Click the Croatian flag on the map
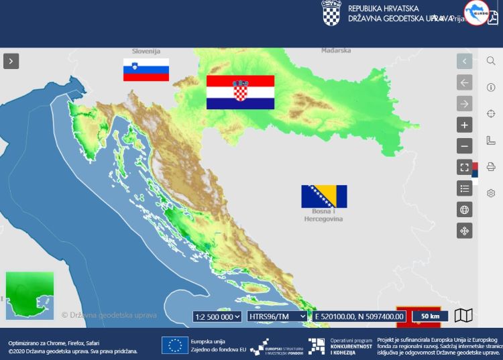click(240, 92)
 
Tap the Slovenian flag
click(146, 70)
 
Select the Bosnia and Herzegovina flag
click(324, 196)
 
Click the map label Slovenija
click(146, 51)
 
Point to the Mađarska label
click(335, 50)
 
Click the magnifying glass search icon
click(491, 61)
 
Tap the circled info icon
click(491, 87)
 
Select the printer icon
click(491, 166)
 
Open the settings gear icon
click(491, 193)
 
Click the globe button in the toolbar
click(464, 209)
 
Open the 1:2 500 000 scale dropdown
click(217, 316)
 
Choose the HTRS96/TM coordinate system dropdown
click(277, 316)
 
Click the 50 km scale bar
click(430, 316)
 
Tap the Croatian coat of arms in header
click(331, 13)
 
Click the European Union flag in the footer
click(174, 345)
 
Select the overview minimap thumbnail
click(30, 295)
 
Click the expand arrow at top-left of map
click(11, 61)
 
